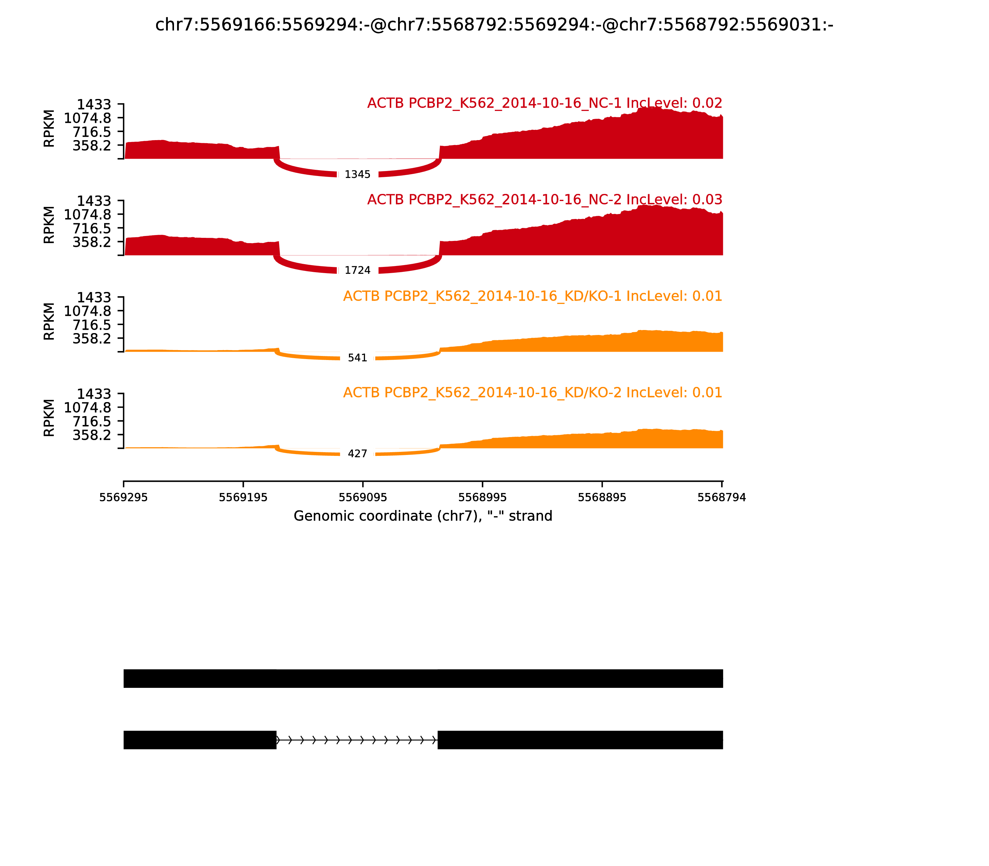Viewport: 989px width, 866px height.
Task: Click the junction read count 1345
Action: [x=357, y=174]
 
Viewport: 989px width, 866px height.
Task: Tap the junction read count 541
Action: [x=357, y=358]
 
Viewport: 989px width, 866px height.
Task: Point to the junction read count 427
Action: [x=357, y=454]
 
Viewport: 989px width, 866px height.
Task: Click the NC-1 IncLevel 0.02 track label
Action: [x=544, y=103]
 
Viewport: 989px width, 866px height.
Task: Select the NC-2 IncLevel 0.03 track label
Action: [x=544, y=199]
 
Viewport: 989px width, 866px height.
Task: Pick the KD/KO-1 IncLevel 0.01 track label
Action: [x=532, y=296]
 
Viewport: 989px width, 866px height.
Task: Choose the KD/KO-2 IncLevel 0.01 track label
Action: [x=532, y=392]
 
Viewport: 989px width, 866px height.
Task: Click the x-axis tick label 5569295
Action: [x=124, y=498]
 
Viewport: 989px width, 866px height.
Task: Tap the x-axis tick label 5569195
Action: [x=243, y=498]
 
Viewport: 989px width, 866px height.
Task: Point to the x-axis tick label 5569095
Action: [x=363, y=498]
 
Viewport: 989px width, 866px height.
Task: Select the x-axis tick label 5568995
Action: [x=482, y=498]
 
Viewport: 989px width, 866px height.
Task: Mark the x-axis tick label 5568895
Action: [x=602, y=498]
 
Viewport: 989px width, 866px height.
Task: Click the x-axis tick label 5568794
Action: [x=721, y=498]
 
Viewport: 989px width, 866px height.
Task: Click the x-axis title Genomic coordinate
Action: [x=422, y=516]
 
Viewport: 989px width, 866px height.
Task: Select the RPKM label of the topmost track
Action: [x=49, y=129]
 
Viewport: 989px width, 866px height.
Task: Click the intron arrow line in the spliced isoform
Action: [x=357, y=740]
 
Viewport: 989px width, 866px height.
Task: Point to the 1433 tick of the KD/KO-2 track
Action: [x=94, y=394]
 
